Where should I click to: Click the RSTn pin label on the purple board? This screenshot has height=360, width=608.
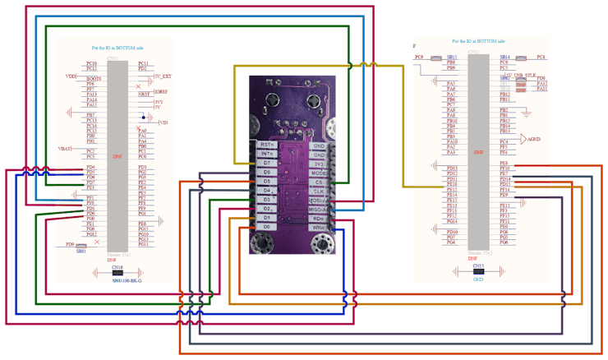[x=266, y=144]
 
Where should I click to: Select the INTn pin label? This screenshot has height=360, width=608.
[x=266, y=154]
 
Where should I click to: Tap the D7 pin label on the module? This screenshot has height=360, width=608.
[x=266, y=163]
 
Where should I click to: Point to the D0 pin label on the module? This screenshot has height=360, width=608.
[x=266, y=226]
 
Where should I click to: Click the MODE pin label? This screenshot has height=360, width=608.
[x=320, y=173]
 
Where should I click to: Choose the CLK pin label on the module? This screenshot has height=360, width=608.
[x=320, y=192]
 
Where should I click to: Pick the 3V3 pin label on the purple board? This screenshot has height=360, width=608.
[x=320, y=164]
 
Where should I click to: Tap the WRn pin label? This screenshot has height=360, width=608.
[x=320, y=228]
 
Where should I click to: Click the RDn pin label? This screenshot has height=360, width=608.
[x=320, y=219]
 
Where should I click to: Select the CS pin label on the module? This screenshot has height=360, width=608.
[x=320, y=182]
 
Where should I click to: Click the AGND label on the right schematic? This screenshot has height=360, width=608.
[x=534, y=139]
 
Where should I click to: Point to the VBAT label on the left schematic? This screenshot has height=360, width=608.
[x=66, y=149]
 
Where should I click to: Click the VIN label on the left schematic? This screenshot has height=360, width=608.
[x=164, y=122]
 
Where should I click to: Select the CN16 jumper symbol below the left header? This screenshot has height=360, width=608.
[x=117, y=274]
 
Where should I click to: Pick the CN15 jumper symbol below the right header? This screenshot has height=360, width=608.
[x=477, y=273]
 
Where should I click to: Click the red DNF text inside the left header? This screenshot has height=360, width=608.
[x=117, y=155]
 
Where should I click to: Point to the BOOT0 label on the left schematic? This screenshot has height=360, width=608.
[x=94, y=79]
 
